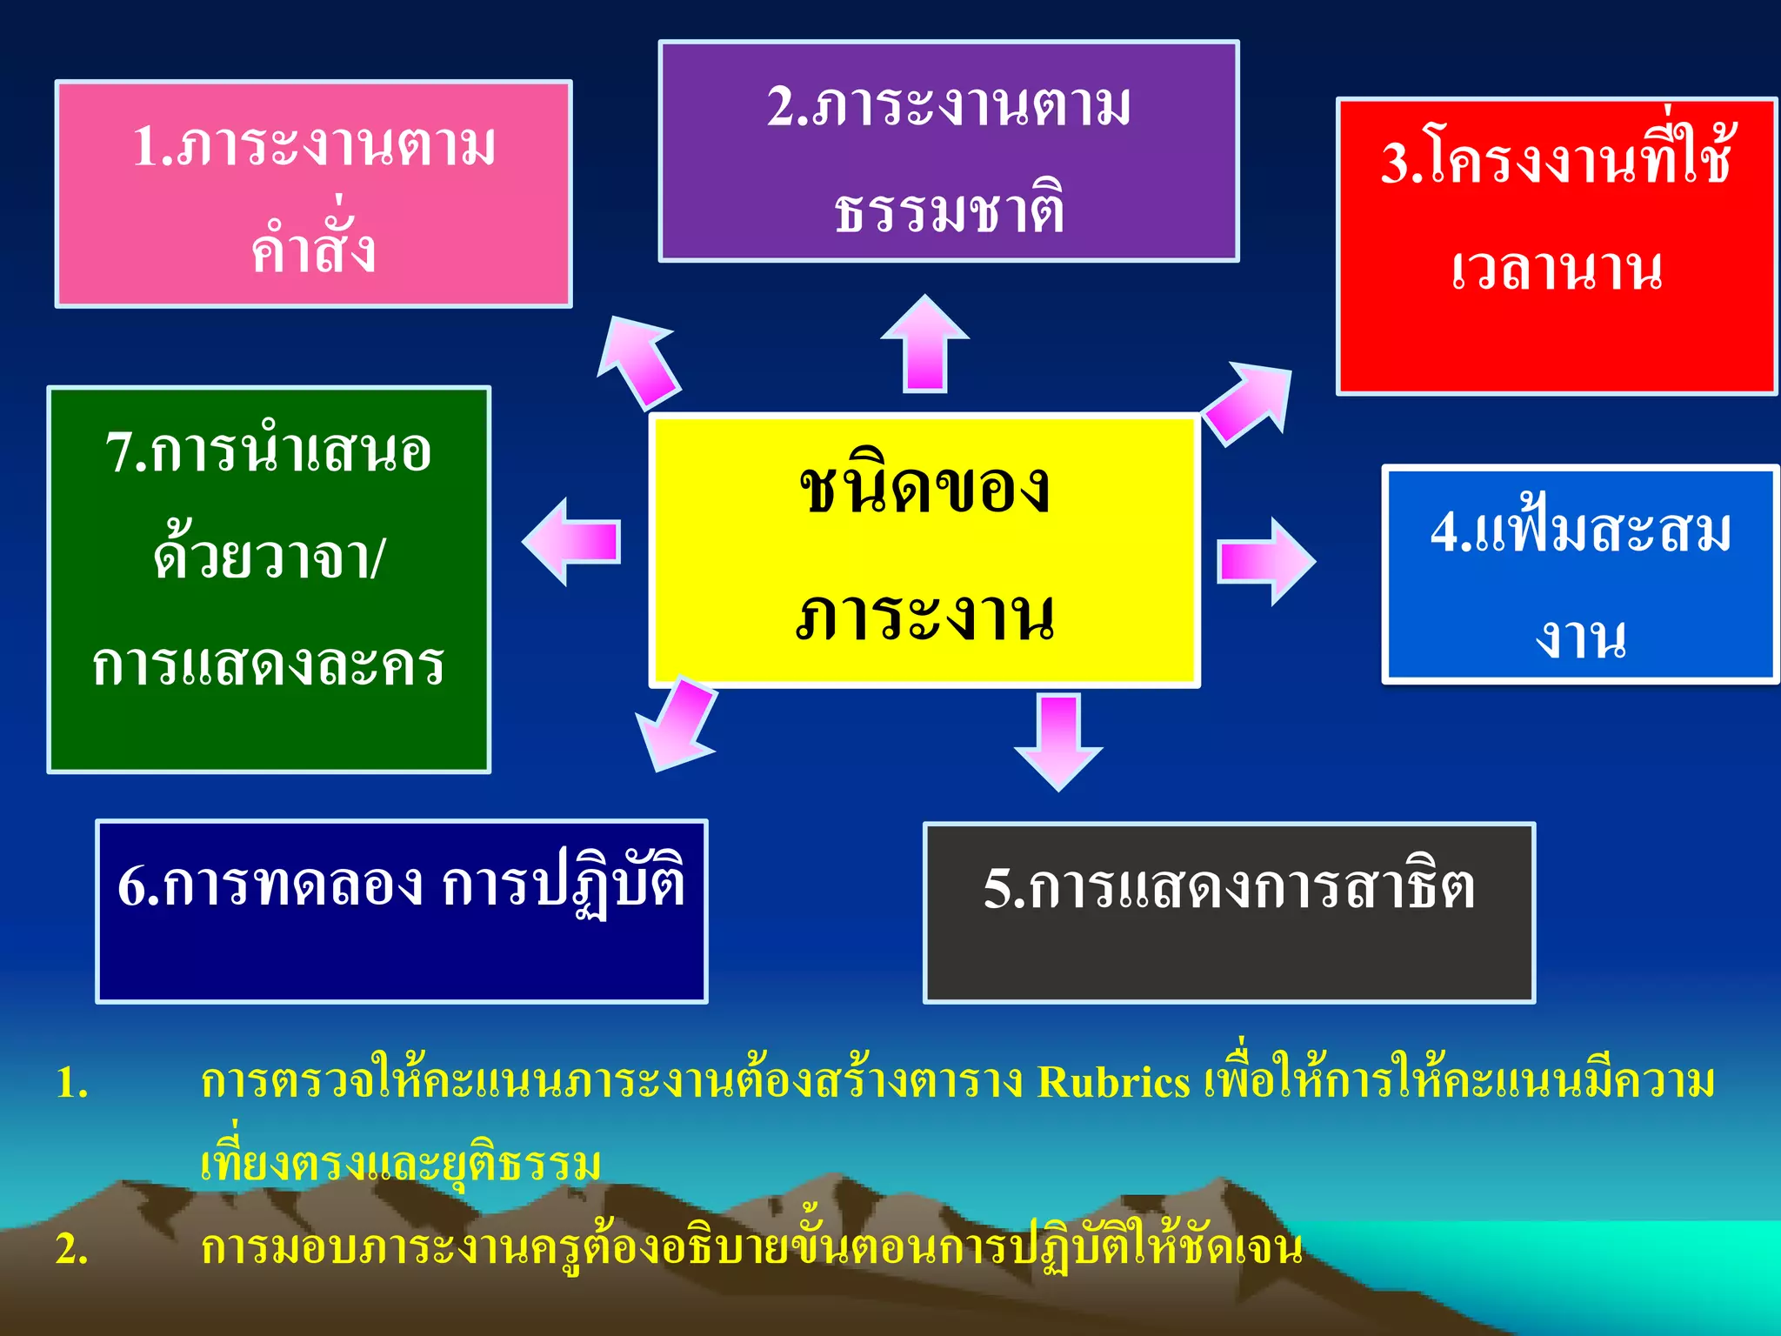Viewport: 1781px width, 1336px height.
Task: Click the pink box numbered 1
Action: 313,194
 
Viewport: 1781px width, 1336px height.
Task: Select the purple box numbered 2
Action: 949,151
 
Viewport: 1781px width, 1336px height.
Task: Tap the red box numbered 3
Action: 1556,247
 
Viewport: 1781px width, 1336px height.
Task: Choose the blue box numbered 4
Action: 1579,575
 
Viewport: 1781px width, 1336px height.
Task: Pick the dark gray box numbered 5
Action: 1229,912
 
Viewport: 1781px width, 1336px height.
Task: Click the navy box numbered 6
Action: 402,912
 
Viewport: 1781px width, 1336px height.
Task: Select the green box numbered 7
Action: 269,579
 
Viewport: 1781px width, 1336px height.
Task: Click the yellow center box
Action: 924,551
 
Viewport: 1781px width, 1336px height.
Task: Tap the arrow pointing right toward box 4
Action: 1266,561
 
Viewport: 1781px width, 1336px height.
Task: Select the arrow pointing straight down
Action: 1058,740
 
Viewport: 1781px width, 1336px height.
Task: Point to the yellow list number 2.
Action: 72,1249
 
